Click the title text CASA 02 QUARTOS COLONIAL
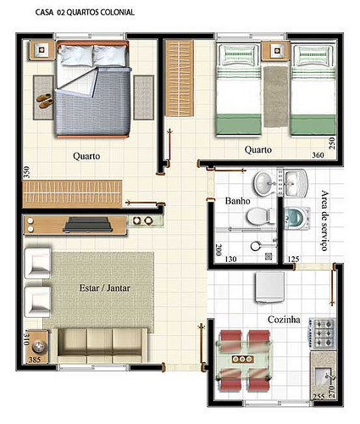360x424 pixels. click(85, 13)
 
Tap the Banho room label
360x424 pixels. click(237, 201)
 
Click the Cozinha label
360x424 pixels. click(284, 320)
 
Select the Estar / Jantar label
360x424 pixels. click(105, 288)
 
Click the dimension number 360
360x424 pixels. click(318, 155)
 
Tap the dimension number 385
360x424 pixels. click(35, 360)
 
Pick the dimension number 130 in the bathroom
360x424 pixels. click(230, 259)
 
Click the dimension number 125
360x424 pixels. click(293, 259)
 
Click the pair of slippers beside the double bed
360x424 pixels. click(45, 101)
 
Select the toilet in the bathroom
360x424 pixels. click(261, 216)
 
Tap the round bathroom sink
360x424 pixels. click(264, 184)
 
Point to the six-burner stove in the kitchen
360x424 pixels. click(322, 333)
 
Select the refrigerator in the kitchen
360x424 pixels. click(269, 287)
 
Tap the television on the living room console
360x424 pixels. click(86, 225)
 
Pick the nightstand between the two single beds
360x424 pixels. click(276, 51)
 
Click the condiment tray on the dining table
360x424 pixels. click(242, 359)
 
